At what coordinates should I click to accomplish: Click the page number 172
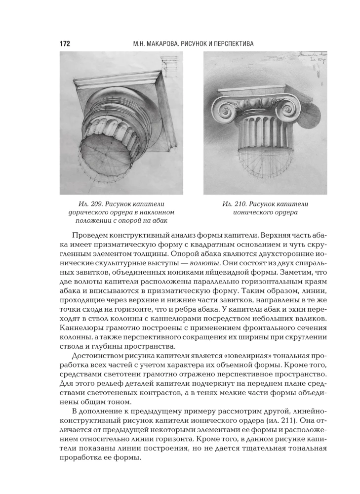click(x=65, y=44)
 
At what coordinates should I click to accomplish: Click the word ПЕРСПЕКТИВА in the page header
click(x=230, y=44)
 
